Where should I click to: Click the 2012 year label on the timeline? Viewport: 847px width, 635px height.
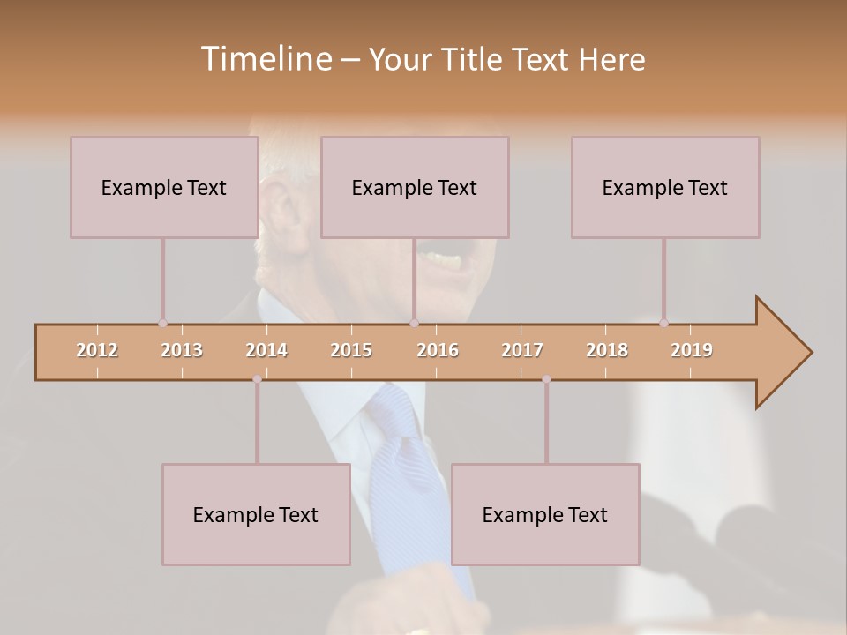coord(97,350)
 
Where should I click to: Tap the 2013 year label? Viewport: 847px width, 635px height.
coord(182,350)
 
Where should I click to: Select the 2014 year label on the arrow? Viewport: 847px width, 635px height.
coord(266,350)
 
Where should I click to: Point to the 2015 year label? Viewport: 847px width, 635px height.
coord(351,350)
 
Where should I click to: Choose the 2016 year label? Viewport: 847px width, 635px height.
coord(438,350)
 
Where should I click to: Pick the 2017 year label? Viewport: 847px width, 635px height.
coord(522,350)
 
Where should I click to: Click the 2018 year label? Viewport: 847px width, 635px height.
coord(607,350)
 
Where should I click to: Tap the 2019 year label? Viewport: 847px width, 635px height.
coord(692,350)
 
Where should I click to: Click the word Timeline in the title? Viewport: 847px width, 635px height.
coord(264,59)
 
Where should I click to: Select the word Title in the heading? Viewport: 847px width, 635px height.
coord(473,59)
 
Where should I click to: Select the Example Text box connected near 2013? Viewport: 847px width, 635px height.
coord(164,187)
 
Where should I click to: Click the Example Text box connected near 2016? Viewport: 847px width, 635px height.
coord(415,187)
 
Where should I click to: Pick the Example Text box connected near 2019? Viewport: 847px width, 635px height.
coord(665,187)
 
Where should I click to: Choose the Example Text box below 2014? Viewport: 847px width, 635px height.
coord(256,514)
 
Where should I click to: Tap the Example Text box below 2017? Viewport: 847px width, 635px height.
coord(545,514)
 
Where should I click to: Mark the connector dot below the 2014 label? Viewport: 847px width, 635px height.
coord(257,379)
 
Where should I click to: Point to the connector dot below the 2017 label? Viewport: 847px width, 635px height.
coord(546,379)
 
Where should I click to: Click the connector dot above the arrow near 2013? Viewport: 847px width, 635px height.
coord(162,324)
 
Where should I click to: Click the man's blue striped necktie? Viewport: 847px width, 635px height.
coord(401,467)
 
